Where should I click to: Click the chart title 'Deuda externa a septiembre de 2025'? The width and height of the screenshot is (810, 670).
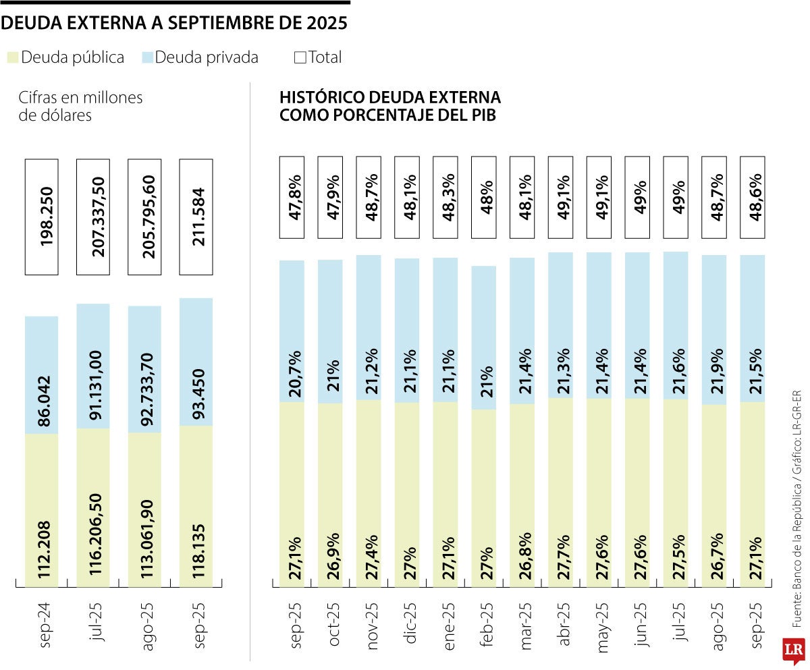pos(174,24)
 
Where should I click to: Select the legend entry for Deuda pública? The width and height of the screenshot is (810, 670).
pos(65,57)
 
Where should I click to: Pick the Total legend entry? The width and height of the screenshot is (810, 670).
pos(318,57)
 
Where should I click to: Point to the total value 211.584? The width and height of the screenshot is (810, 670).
pos(196,217)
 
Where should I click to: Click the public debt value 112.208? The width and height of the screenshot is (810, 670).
pos(42,535)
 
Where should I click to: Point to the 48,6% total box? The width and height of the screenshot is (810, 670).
pos(753,197)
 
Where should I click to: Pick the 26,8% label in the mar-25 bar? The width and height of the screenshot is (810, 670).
pos(526,555)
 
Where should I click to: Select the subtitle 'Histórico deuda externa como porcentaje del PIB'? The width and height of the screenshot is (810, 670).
pos(390,106)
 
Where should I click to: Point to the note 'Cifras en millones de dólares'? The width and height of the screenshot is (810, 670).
pos(81,106)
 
